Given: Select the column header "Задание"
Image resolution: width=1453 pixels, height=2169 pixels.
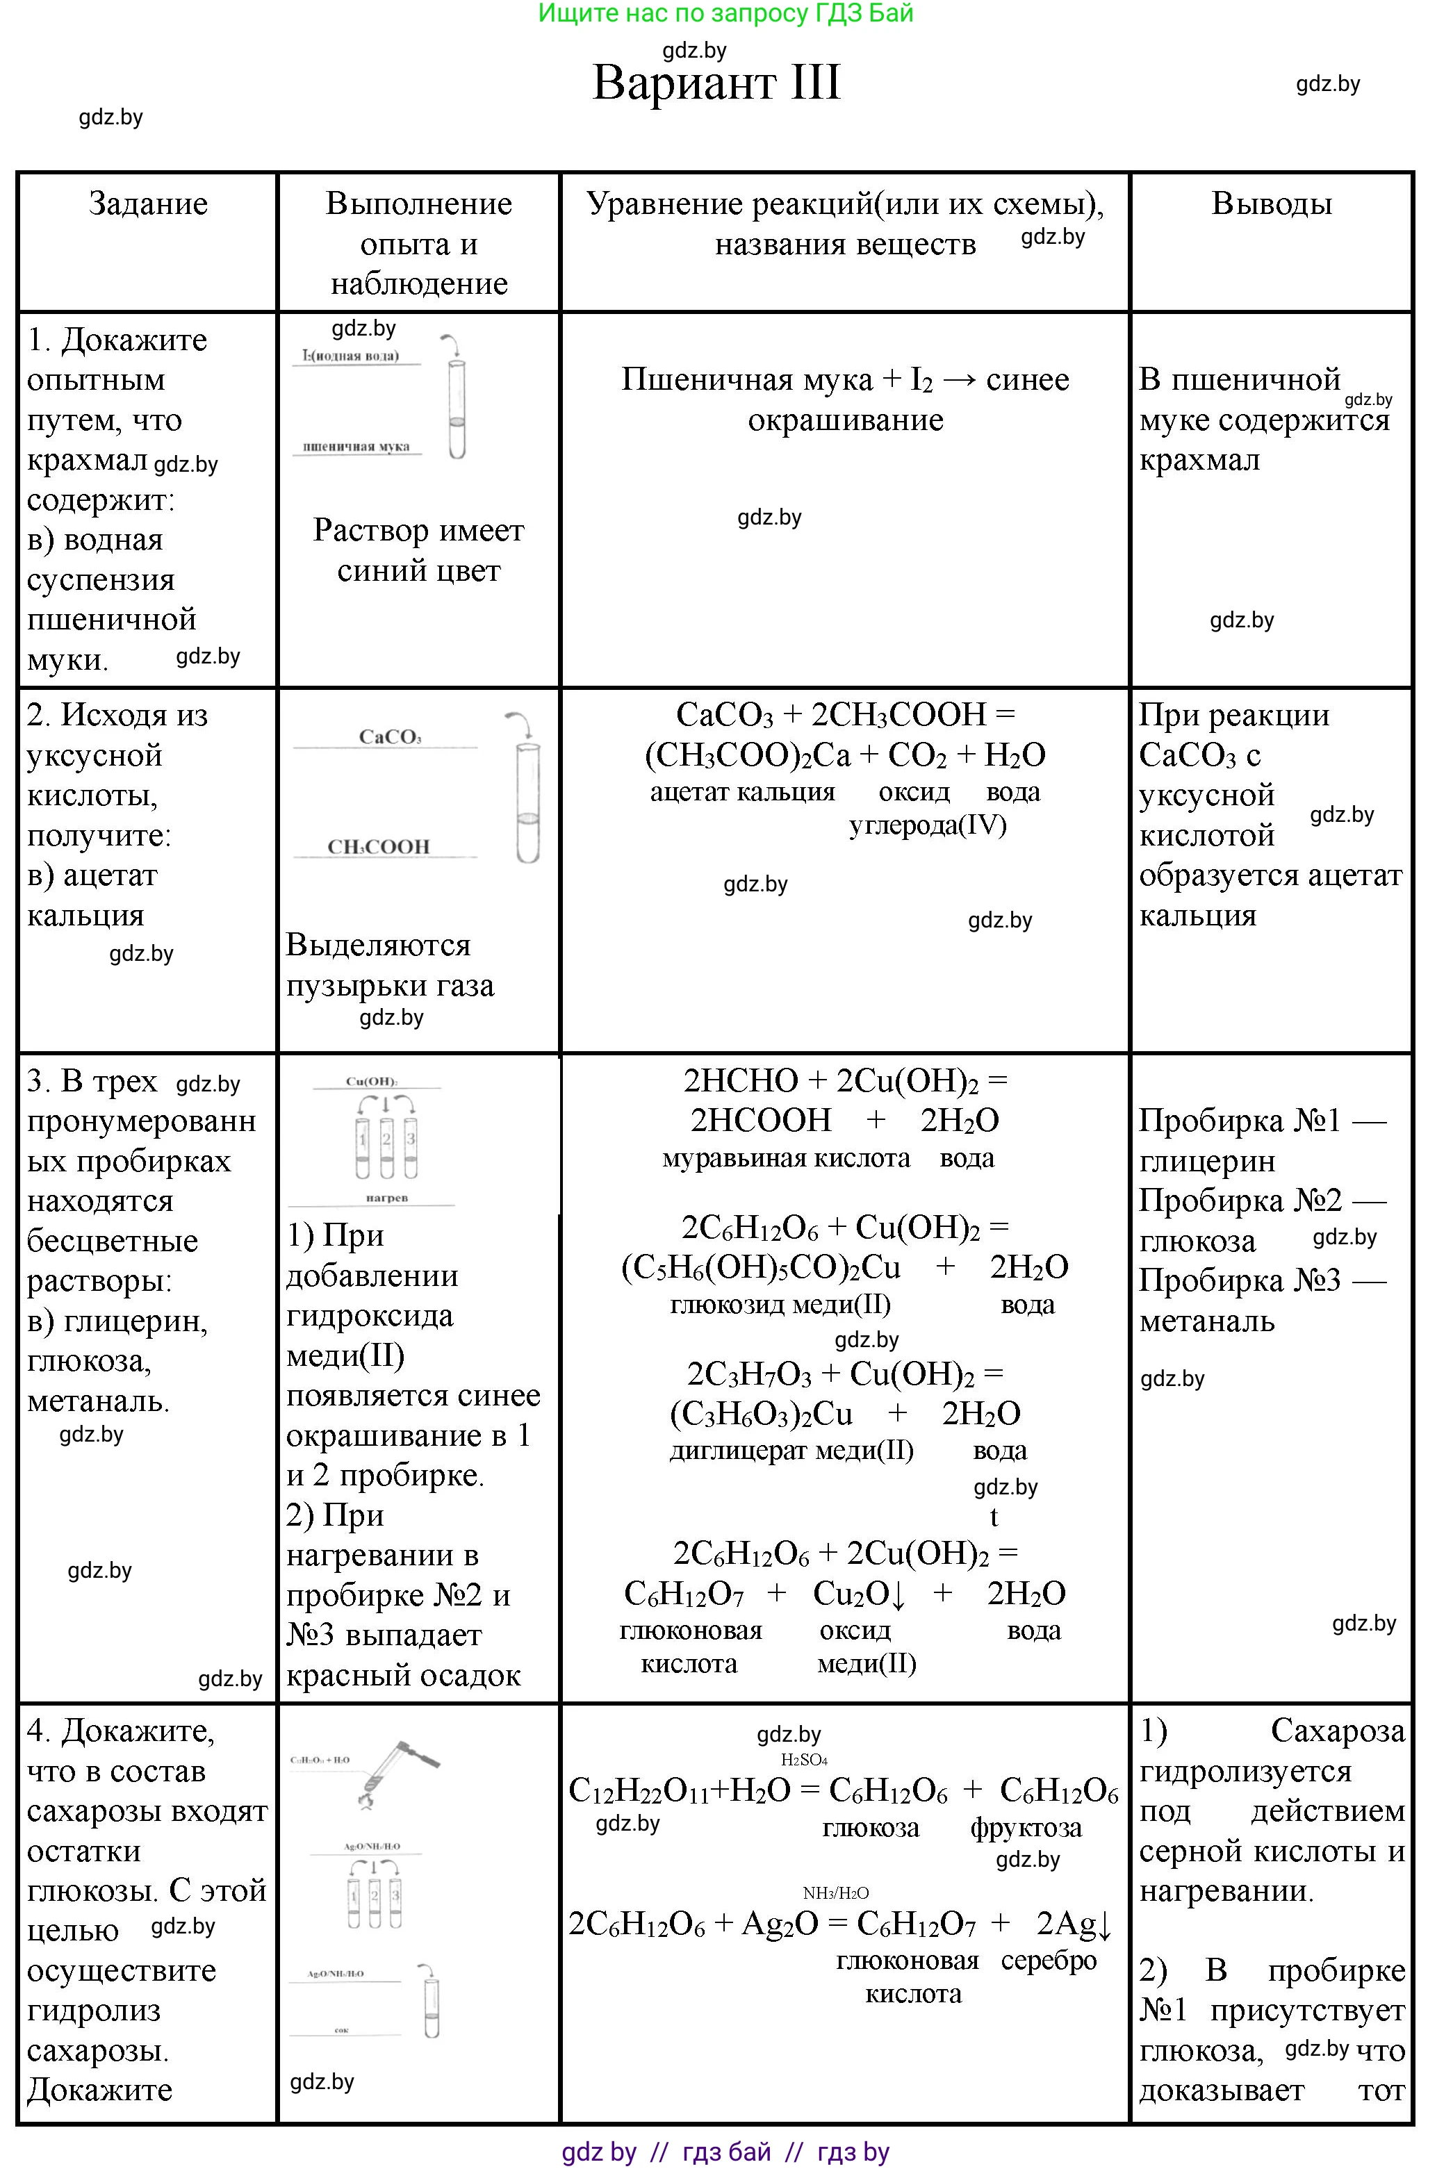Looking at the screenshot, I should [x=147, y=204].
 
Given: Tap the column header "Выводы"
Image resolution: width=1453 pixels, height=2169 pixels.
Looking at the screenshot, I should [x=1272, y=204].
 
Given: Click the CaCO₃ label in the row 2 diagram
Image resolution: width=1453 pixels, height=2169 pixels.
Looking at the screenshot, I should [x=390, y=738].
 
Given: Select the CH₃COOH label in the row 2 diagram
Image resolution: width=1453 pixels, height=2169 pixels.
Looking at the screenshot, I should [x=379, y=847].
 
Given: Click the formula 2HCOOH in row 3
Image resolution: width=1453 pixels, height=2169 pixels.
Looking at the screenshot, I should [x=761, y=1121].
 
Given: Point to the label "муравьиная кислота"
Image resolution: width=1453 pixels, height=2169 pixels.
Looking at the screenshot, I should [x=786, y=1158].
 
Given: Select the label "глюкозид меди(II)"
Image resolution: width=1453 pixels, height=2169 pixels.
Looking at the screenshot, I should [x=780, y=1305].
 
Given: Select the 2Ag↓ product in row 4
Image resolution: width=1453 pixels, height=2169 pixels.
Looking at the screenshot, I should [x=1073, y=1924].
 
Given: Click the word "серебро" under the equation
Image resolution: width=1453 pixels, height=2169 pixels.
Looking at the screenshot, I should [x=1048, y=1961].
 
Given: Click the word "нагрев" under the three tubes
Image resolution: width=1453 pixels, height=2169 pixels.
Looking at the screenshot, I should [x=386, y=1198].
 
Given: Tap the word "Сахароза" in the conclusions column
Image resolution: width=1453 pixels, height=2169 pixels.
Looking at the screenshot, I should [x=1337, y=1731].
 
